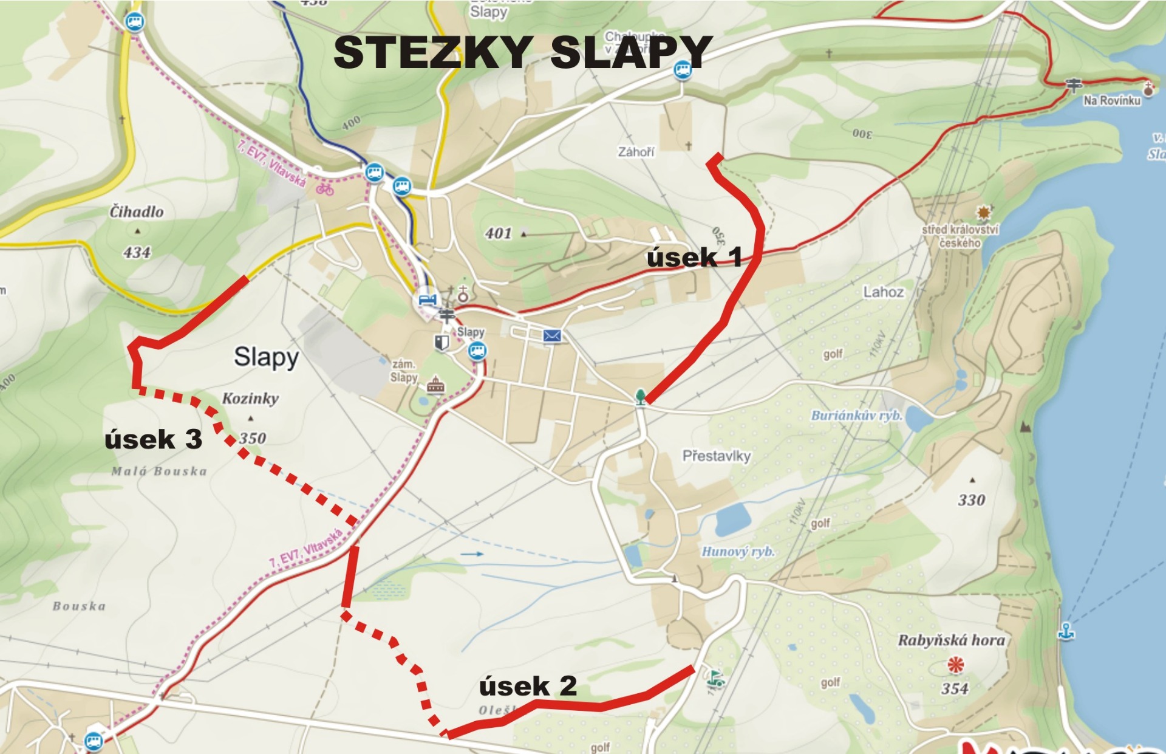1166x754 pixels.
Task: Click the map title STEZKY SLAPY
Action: point(522,52)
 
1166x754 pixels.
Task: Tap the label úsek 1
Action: point(694,258)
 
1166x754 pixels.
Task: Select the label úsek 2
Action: point(528,687)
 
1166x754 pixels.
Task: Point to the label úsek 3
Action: point(153,439)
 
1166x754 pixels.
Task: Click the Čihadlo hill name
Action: point(137,212)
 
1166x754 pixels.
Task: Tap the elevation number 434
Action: point(137,252)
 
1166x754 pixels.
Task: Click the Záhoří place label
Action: point(636,152)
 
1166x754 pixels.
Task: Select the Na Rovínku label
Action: point(1112,101)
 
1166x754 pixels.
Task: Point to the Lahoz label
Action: point(884,292)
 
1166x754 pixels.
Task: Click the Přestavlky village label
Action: point(717,456)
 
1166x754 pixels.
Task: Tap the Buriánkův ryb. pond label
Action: point(857,416)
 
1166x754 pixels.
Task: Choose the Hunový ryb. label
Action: point(738,552)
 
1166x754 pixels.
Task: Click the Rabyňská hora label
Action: point(951,640)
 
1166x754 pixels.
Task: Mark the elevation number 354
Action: point(955,688)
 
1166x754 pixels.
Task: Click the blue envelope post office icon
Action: point(552,336)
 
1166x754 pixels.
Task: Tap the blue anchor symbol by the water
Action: point(1066,631)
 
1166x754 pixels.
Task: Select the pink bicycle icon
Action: point(325,190)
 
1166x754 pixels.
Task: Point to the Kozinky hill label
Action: point(250,399)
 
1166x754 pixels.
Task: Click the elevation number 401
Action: point(499,233)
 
